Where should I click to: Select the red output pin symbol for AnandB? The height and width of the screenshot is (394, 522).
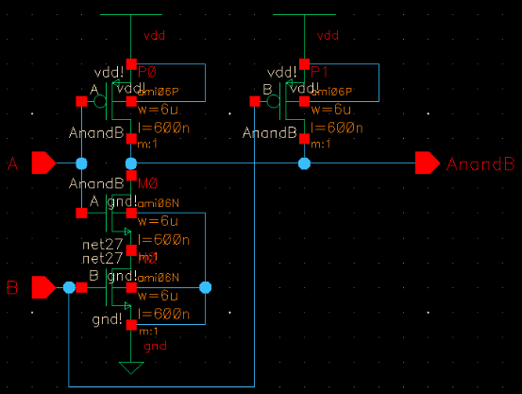(427, 163)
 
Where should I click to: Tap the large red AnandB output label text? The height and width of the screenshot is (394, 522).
(480, 164)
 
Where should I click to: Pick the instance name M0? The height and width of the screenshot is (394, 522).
(148, 183)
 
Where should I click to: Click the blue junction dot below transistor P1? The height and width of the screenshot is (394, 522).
(304, 163)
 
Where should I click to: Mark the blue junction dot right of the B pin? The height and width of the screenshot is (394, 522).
(69, 286)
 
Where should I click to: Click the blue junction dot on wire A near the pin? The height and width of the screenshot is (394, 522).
(81, 163)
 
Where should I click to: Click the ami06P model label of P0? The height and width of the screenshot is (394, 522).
(158, 92)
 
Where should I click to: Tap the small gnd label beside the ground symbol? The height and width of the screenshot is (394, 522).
(154, 347)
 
